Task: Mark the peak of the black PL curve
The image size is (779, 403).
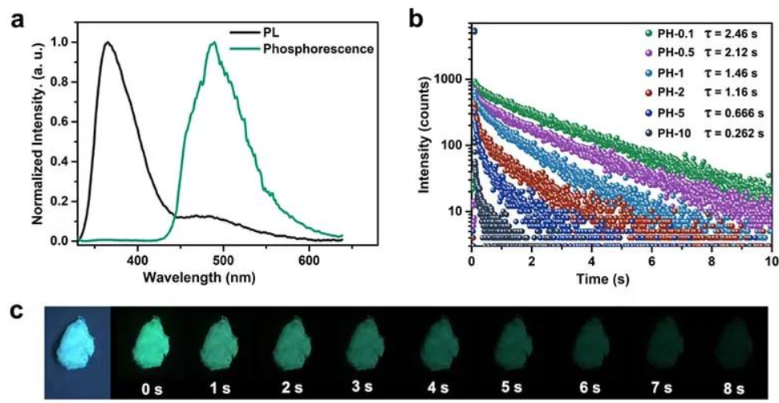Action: (107, 43)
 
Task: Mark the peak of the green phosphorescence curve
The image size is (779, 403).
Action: (213, 43)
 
